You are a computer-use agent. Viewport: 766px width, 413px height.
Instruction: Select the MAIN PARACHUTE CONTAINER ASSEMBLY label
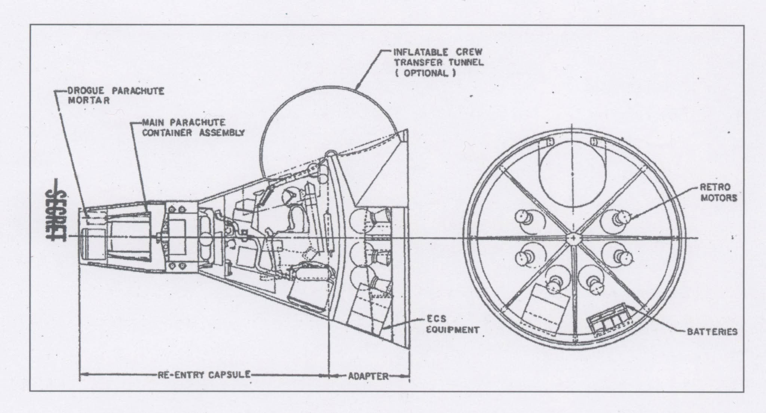[193, 127]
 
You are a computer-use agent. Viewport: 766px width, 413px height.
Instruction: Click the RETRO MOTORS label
[718, 192]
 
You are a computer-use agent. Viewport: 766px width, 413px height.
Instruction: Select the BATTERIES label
[712, 332]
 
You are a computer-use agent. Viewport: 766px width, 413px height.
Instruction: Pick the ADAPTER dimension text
[368, 376]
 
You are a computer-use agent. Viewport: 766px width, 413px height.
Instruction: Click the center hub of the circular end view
[573, 239]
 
